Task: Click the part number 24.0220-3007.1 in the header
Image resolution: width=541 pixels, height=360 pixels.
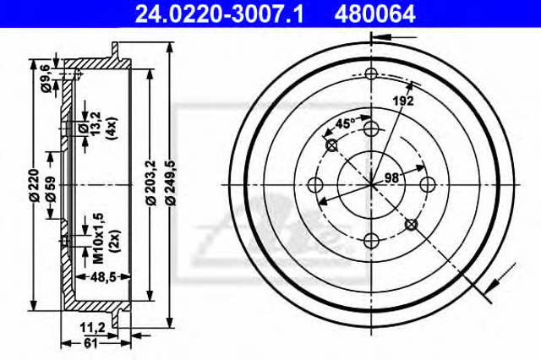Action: (220, 14)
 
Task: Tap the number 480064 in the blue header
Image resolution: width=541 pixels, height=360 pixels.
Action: (374, 14)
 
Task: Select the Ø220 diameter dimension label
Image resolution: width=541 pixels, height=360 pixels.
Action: (34, 186)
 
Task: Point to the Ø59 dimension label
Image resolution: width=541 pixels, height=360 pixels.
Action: (51, 188)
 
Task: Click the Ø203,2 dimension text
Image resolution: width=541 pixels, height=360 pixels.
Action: (150, 183)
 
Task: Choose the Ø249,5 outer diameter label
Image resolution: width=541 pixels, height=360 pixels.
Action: (171, 183)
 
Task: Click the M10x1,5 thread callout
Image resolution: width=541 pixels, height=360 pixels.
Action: (98, 238)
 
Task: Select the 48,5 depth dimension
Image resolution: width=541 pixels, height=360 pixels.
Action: (102, 275)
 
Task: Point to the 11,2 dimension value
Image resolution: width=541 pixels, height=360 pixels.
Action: (92, 326)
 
